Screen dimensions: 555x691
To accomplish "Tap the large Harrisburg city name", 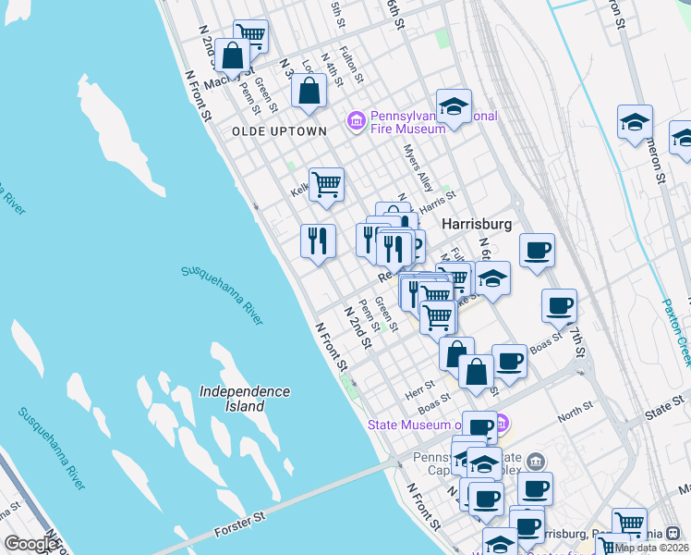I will pyautogui.click(x=477, y=225).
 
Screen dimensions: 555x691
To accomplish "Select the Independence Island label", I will pyautogui.click(x=245, y=399).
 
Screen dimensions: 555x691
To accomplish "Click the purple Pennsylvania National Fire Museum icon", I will pyautogui.click(x=356, y=121).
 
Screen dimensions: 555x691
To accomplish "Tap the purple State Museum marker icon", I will pyautogui.click(x=502, y=425).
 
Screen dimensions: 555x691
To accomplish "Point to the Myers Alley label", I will pyautogui.click(x=418, y=167).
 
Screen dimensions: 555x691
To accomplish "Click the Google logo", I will pyautogui.click(x=30, y=544).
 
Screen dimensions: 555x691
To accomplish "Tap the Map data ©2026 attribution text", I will pyautogui.click(x=652, y=547).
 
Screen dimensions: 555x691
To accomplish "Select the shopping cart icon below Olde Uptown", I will pyautogui.click(x=326, y=185).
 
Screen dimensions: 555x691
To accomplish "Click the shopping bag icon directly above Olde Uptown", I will pyautogui.click(x=309, y=90).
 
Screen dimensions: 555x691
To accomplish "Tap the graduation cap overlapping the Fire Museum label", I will pyautogui.click(x=454, y=106).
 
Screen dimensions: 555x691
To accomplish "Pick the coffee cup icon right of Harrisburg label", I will pyautogui.click(x=537, y=250).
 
